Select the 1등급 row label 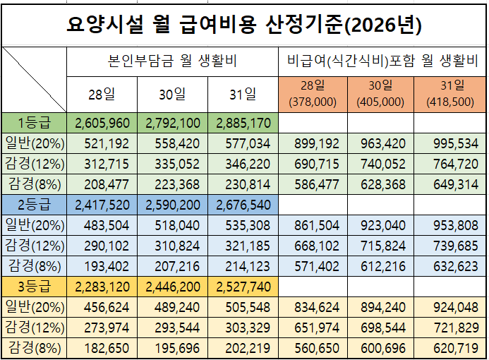(34, 124)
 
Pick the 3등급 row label (34, 288)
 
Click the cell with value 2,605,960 (102, 124)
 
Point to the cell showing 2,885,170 (243, 124)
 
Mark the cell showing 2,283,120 (102, 288)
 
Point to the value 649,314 (450, 184)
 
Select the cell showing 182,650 (102, 348)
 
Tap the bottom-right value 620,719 (450, 348)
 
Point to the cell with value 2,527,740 (243, 288)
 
